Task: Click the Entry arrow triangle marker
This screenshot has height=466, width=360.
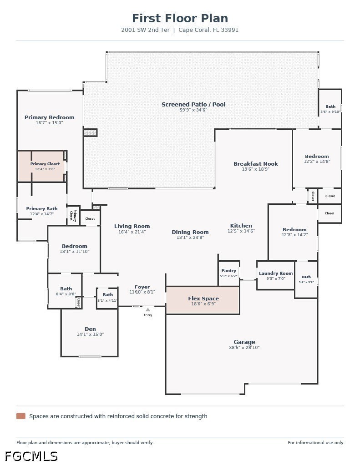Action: (148, 309)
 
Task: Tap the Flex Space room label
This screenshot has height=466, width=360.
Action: (203, 299)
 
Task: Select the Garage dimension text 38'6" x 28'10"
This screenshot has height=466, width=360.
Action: (244, 347)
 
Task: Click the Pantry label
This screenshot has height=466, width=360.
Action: (228, 270)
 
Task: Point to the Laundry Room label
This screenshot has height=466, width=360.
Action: (275, 273)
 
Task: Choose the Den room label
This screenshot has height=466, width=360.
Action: (90, 329)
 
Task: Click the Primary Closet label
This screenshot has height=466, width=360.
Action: (45, 164)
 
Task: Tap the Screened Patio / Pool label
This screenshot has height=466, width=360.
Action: (193, 104)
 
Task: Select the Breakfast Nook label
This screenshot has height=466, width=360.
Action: (256, 164)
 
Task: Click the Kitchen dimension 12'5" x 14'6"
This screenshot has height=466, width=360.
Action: (241, 231)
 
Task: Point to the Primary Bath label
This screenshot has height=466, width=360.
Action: (41, 208)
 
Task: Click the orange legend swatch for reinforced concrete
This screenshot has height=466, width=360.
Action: (21, 416)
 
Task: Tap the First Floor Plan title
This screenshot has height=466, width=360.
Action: (180, 18)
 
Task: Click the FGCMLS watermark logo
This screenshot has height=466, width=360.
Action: (31, 456)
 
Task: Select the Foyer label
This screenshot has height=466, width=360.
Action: (142, 287)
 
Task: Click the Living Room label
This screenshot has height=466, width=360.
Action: (132, 226)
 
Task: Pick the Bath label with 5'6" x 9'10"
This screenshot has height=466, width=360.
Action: (330, 106)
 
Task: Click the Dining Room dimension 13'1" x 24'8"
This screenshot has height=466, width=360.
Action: (190, 237)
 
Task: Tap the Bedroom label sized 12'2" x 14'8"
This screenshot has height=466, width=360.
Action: (317, 157)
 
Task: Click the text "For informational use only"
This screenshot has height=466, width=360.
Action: (315, 442)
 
